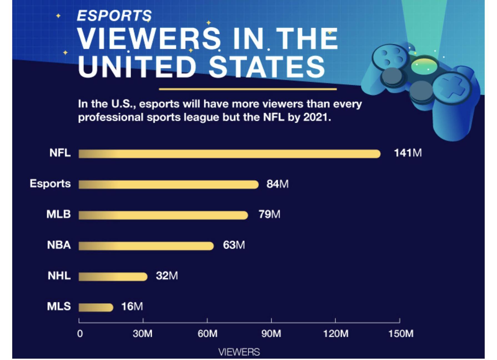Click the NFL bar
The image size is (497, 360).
(229, 154)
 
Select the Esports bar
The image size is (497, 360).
(168, 184)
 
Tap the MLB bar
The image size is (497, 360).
(163, 215)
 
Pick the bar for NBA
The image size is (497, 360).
(146, 246)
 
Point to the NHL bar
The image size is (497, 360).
(113, 277)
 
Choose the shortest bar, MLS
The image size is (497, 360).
(96, 307)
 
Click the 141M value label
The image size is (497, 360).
(408, 153)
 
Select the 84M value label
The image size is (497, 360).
(277, 184)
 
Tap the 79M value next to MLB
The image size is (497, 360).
(269, 214)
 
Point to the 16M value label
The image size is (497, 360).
(132, 306)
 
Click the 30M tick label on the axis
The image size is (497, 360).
(142, 333)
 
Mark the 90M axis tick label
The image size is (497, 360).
(271, 333)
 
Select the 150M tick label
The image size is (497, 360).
(401, 333)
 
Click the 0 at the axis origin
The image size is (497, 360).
(80, 333)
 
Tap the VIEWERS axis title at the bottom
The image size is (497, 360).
(239, 352)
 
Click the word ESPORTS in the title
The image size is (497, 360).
(114, 16)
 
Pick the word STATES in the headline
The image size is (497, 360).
(267, 67)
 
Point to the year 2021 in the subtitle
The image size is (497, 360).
(315, 117)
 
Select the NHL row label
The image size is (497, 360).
(59, 276)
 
